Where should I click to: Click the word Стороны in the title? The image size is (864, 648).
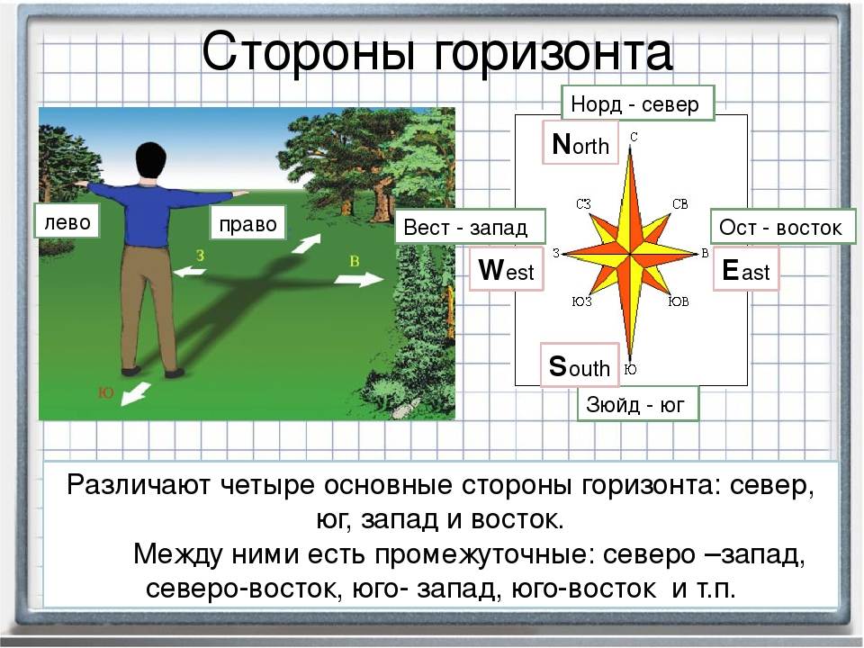pos(309,52)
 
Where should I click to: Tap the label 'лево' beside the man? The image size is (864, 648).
pos(67,221)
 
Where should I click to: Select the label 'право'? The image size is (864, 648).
pos(248,222)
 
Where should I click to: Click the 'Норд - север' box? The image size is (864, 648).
pos(637,103)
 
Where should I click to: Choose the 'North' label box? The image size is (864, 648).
pos(580,143)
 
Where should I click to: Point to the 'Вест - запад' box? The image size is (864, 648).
pos(470,227)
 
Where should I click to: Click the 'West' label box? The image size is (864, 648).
pos(507,269)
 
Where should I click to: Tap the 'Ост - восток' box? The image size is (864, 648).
pos(783,227)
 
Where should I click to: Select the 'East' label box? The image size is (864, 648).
pos(746,269)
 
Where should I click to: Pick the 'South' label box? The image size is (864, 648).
pos(580,364)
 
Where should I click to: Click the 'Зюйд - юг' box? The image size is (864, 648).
pos(637,404)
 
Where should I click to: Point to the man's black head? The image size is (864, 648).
pos(150,160)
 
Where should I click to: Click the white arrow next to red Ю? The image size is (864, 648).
pos(136,393)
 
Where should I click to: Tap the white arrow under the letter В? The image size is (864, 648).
pos(359,279)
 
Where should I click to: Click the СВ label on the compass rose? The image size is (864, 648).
pos(680,204)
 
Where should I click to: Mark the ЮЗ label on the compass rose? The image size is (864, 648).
pos(582,301)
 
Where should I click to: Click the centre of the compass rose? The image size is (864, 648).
pos(630,254)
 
